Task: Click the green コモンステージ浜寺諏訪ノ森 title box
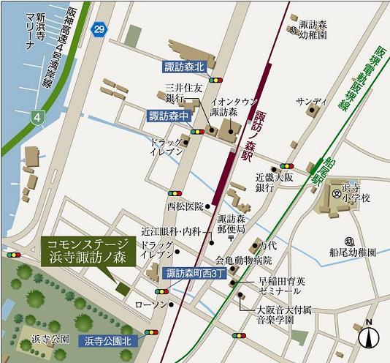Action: point(86,250)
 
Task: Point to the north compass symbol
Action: point(370,336)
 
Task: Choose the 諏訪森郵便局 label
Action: point(235,224)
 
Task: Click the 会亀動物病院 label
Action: point(242,261)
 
